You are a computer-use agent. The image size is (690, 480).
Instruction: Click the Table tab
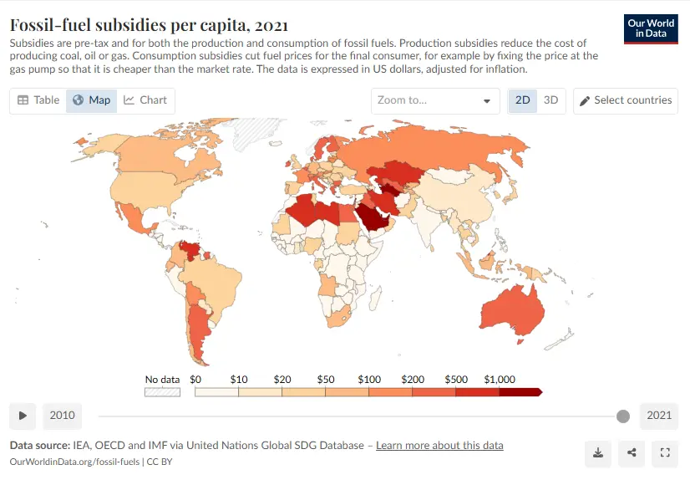(x=38, y=100)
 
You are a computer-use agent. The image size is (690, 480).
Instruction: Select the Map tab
(x=91, y=100)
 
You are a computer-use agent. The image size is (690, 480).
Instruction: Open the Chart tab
(x=145, y=100)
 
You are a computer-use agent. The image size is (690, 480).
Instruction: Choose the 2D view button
(x=523, y=100)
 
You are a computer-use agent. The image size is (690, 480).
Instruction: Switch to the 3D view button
(x=551, y=100)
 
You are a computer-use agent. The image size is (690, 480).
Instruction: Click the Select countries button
(x=626, y=100)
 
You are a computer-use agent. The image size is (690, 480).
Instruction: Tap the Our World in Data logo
(x=651, y=28)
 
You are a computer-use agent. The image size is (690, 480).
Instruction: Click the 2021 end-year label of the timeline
(x=659, y=416)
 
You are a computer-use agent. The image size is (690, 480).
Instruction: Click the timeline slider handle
(x=622, y=416)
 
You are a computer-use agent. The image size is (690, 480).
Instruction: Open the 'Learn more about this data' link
(x=439, y=445)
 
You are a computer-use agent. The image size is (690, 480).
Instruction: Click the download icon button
(x=598, y=452)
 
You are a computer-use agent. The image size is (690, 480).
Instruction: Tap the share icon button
(x=632, y=452)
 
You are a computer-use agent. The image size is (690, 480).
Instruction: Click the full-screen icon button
(x=665, y=452)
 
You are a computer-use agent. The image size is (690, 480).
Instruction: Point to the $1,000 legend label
(x=500, y=380)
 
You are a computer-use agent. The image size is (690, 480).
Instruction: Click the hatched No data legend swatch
(x=163, y=391)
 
